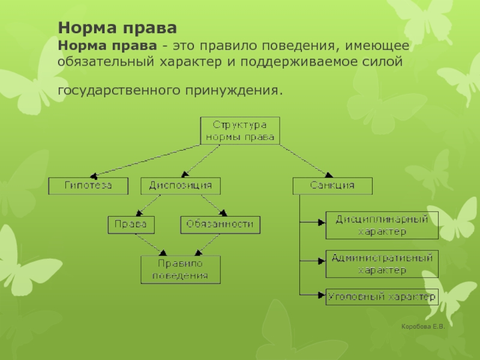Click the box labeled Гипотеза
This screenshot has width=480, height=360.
click(88, 186)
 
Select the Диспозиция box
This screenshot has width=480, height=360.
click(181, 186)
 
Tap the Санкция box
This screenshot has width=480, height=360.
click(332, 186)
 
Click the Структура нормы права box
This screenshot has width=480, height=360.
click(240, 130)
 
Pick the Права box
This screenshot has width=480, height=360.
click(131, 225)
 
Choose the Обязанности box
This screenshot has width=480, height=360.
click(220, 225)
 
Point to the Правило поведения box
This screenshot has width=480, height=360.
click(181, 269)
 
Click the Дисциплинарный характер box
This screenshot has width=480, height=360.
click(382, 226)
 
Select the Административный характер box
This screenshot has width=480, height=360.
click(382, 264)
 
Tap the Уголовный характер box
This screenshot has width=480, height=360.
click(382, 297)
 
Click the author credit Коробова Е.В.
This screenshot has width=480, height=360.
click(423, 326)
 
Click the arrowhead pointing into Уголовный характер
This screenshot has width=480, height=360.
click(322, 295)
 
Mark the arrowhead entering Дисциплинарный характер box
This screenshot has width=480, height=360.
click(322, 223)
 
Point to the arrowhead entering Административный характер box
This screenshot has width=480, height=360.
click(322, 261)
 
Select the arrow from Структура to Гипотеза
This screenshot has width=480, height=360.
click(145, 161)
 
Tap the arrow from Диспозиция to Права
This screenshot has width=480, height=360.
click(148, 205)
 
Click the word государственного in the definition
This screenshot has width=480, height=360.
click(119, 91)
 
